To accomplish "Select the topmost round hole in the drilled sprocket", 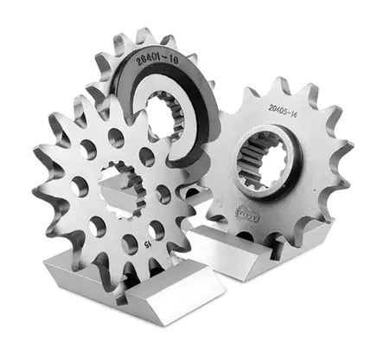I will [115, 134].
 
